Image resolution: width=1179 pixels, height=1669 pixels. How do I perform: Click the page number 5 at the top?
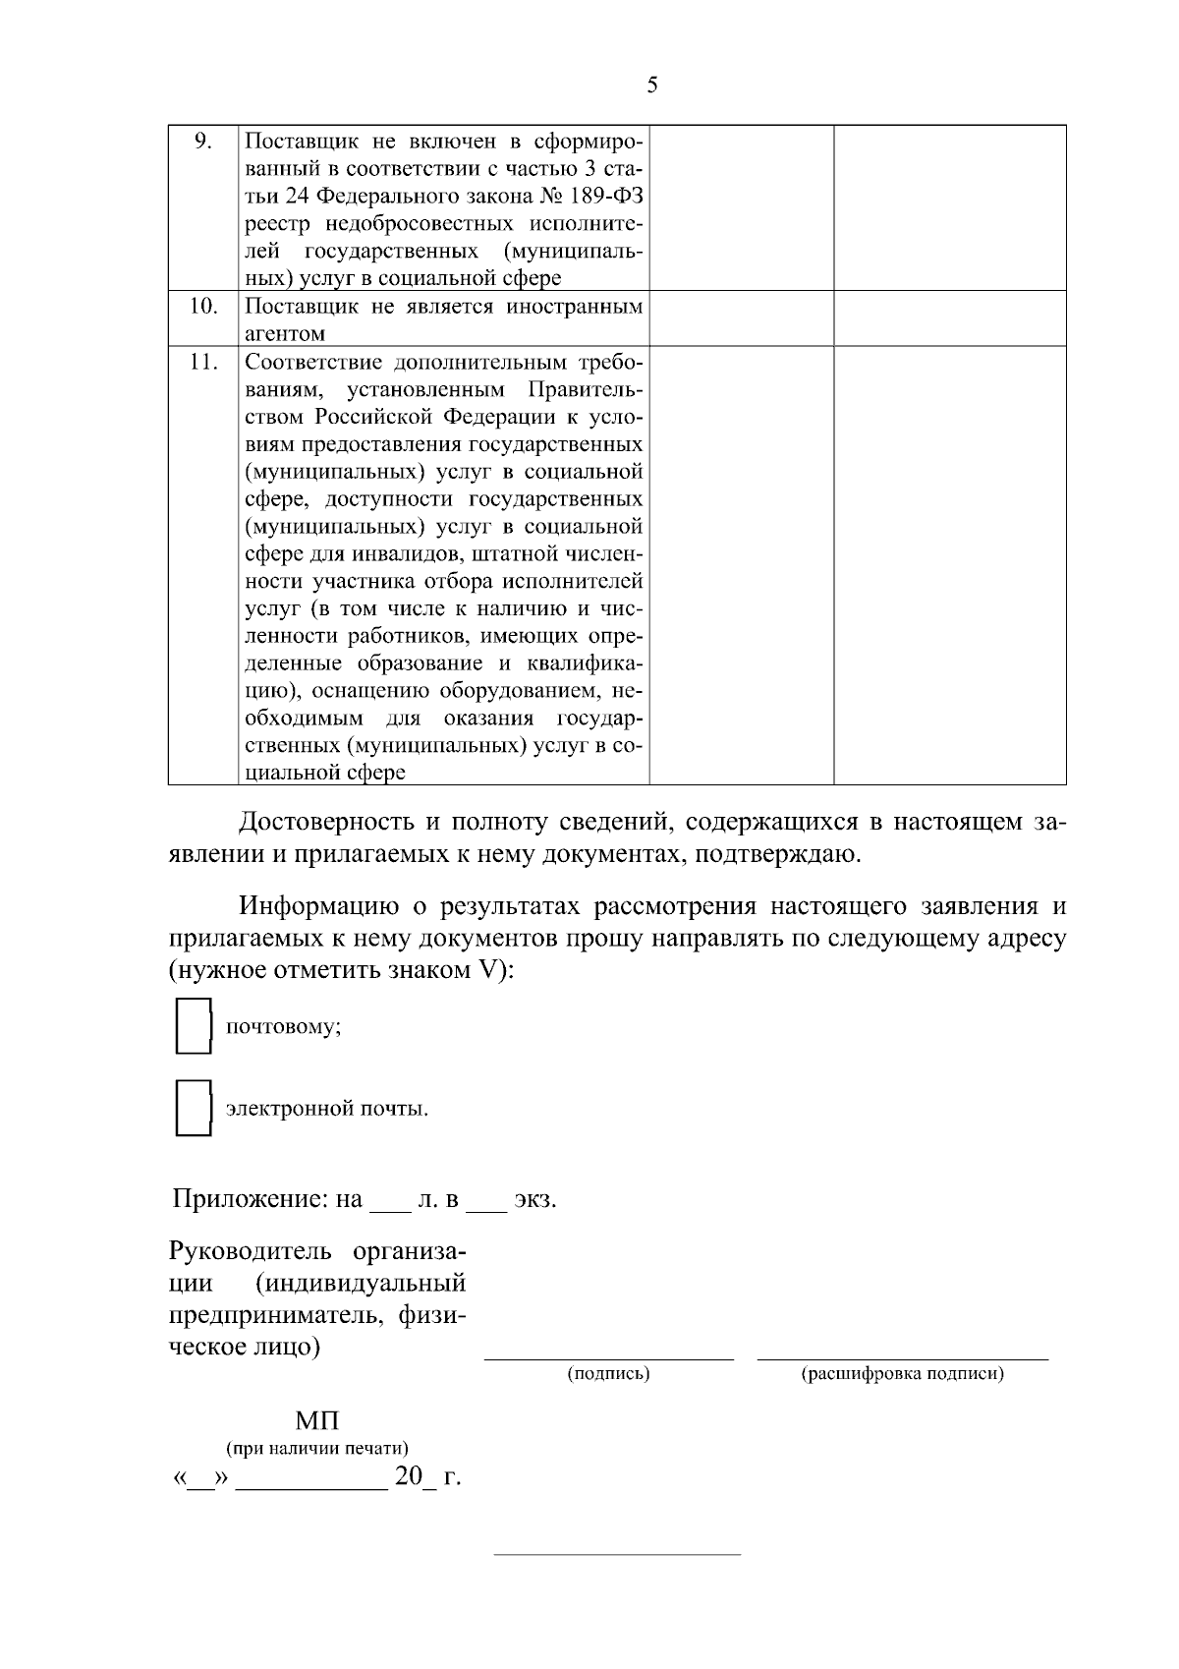coord(652,86)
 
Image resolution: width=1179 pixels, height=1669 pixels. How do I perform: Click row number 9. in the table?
coord(202,141)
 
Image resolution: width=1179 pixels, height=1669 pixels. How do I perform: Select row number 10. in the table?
coord(202,306)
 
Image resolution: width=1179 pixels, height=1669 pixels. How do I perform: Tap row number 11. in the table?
coord(202,362)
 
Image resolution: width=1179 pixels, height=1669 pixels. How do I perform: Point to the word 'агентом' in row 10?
coord(285,334)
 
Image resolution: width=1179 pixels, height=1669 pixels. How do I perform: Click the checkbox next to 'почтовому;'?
coord(193,1027)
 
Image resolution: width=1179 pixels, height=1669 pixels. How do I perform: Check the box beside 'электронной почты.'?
coord(193,1108)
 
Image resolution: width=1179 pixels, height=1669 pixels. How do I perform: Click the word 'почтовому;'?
coord(284,1028)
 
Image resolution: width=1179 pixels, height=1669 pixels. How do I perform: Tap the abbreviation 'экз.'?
coord(535,1200)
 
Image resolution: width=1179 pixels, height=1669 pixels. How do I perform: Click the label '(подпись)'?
coord(609,1373)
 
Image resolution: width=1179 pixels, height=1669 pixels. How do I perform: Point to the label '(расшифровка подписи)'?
coord(903,1373)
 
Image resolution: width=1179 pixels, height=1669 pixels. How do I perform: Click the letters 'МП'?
coord(317,1421)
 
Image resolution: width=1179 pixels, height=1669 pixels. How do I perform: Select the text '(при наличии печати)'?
coord(317,1448)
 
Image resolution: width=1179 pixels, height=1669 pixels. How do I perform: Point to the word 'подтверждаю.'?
coord(779,853)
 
